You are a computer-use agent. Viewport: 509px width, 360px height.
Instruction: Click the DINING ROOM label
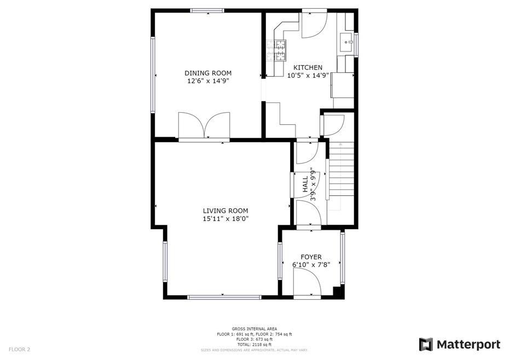207,73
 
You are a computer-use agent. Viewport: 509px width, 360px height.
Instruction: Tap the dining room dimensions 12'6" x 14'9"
207,81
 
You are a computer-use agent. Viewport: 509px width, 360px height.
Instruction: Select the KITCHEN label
308,68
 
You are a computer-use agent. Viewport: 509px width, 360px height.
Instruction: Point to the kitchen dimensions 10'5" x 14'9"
308,76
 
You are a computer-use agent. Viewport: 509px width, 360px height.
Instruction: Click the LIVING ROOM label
225,211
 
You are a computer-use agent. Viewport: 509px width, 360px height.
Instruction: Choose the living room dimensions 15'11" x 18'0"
225,219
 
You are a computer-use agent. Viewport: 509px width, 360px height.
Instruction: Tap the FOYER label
311,257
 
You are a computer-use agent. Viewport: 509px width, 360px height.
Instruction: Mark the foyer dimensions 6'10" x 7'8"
311,265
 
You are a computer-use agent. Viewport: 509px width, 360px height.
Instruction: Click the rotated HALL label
305,185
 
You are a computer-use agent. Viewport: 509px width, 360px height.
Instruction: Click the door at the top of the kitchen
313,25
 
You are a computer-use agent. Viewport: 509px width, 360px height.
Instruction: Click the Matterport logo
460,345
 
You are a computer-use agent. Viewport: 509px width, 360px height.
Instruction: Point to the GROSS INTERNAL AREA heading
254,329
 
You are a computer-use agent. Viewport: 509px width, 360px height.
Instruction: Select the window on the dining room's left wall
153,74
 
